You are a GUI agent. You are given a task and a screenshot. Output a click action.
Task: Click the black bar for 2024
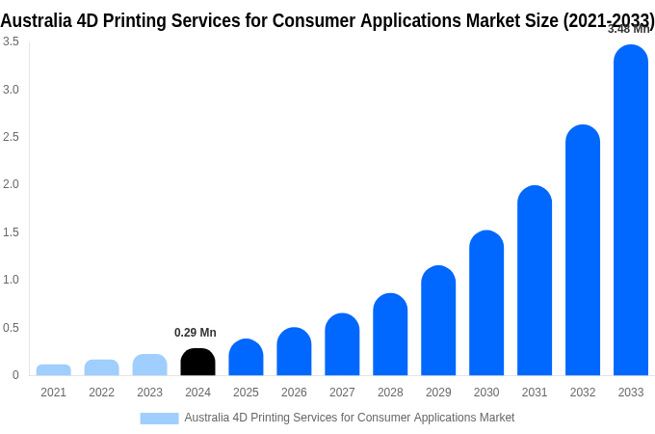click(x=197, y=362)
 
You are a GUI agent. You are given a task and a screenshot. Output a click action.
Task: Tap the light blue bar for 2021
click(x=53, y=369)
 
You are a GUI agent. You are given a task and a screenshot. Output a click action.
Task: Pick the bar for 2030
click(x=486, y=303)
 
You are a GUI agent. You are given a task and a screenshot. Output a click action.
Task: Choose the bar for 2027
click(x=342, y=344)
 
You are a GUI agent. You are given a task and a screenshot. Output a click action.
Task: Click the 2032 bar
click(x=583, y=250)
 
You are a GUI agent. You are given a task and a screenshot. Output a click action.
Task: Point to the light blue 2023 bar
click(x=149, y=365)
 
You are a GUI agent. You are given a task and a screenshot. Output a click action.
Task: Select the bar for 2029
click(x=438, y=320)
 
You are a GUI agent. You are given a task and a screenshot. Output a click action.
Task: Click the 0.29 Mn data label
click(x=196, y=333)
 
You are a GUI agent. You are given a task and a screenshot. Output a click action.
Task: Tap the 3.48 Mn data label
click(x=628, y=29)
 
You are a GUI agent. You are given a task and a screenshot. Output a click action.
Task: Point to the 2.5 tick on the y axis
click(x=11, y=137)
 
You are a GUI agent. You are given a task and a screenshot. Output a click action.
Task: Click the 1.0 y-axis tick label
click(x=11, y=280)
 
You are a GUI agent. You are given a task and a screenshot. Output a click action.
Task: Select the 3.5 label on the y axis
click(x=11, y=41)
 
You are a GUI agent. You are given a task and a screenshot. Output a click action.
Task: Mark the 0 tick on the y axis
click(x=15, y=375)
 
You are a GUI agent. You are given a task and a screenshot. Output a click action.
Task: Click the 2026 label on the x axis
click(x=294, y=393)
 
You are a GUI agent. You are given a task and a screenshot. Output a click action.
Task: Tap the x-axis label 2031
click(x=535, y=393)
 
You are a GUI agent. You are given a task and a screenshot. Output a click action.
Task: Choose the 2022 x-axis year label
click(x=101, y=393)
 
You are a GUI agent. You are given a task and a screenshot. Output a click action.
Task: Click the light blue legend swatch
click(x=159, y=419)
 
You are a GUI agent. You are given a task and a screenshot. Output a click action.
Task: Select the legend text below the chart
click(x=349, y=418)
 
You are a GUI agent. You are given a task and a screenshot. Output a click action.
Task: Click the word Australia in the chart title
click(x=42, y=20)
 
